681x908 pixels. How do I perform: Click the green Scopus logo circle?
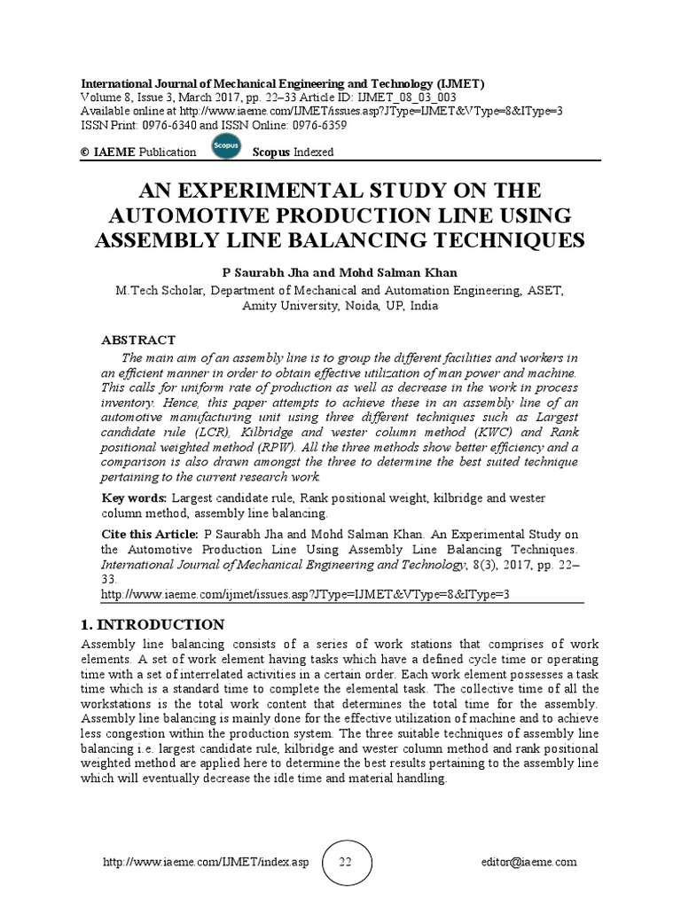[226, 147]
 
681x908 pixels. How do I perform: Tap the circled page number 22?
[345, 863]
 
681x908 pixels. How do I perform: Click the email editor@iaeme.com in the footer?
[531, 862]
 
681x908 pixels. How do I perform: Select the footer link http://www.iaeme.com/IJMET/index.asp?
[206, 862]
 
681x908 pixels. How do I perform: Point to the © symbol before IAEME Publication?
[85, 152]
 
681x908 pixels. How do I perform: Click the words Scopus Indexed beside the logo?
[294, 152]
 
